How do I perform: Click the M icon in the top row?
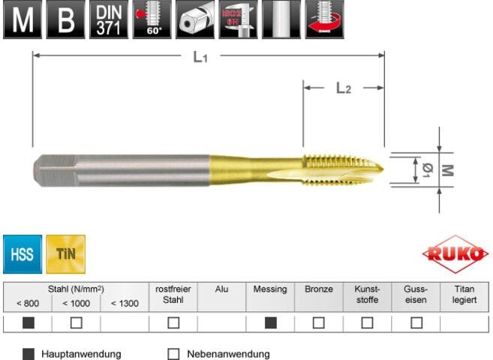pos(23,20)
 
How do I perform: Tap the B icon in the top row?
pos(65,20)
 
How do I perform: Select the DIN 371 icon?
pos(109,20)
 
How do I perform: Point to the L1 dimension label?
pos(200,57)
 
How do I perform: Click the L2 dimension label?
pos(343,88)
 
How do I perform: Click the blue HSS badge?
pos(22,254)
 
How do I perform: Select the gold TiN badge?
pos(65,254)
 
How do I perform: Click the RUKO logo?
pos(455,255)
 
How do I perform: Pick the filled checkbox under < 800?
pos(28,323)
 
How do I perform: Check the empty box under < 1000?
pos(76,323)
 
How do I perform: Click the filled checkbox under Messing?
pos(270,323)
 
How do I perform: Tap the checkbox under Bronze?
pos(319,323)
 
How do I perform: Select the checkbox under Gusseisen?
pos(416,323)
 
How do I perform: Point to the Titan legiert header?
pos(464,294)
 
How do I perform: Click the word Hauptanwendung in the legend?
pos(81,354)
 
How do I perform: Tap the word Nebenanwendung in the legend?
pos(228,354)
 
